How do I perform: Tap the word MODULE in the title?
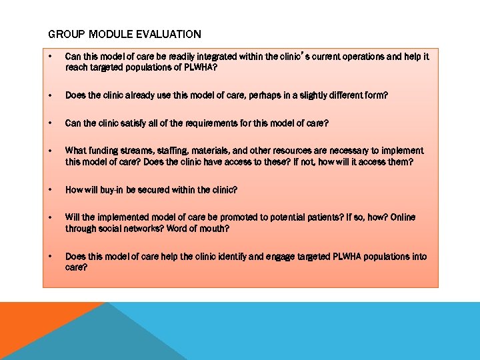(x=106, y=34)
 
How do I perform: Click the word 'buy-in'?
(x=106, y=190)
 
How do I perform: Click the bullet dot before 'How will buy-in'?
(x=52, y=190)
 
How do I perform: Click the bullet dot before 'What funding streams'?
(x=52, y=151)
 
